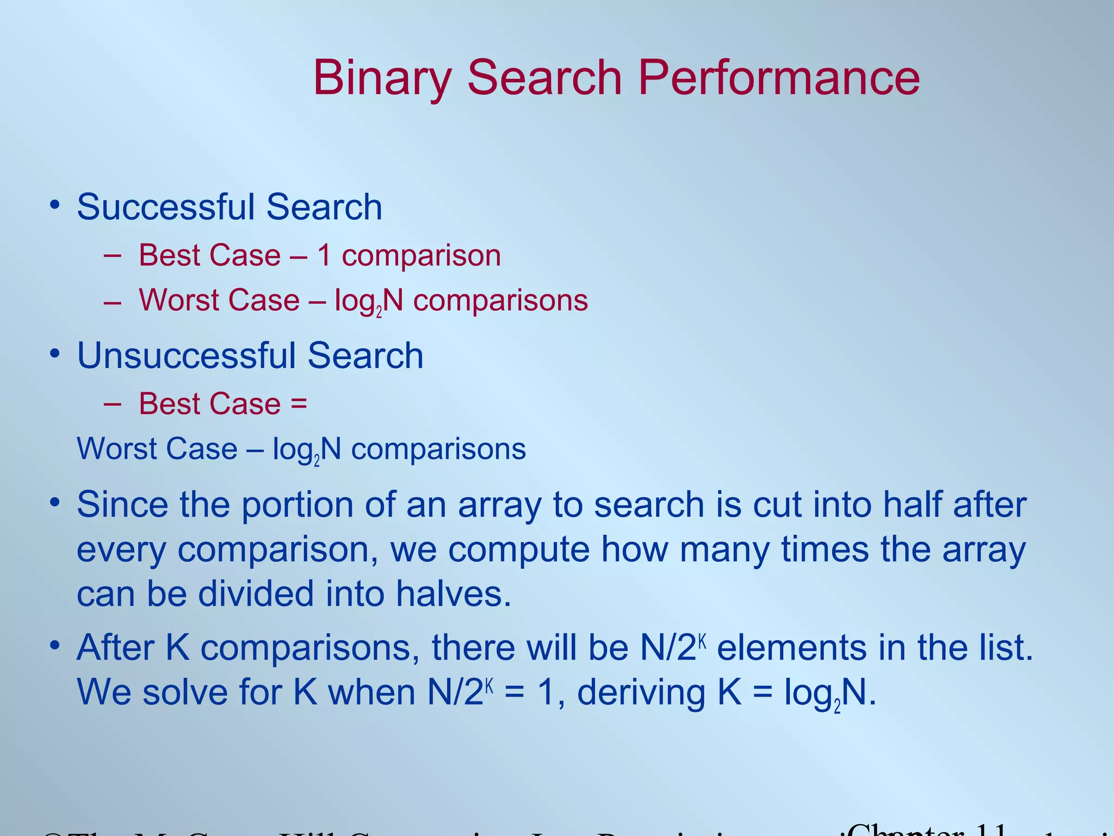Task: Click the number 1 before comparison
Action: (x=324, y=255)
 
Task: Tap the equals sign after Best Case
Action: (x=299, y=404)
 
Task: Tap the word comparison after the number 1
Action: (x=421, y=255)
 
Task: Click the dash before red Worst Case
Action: (x=112, y=301)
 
